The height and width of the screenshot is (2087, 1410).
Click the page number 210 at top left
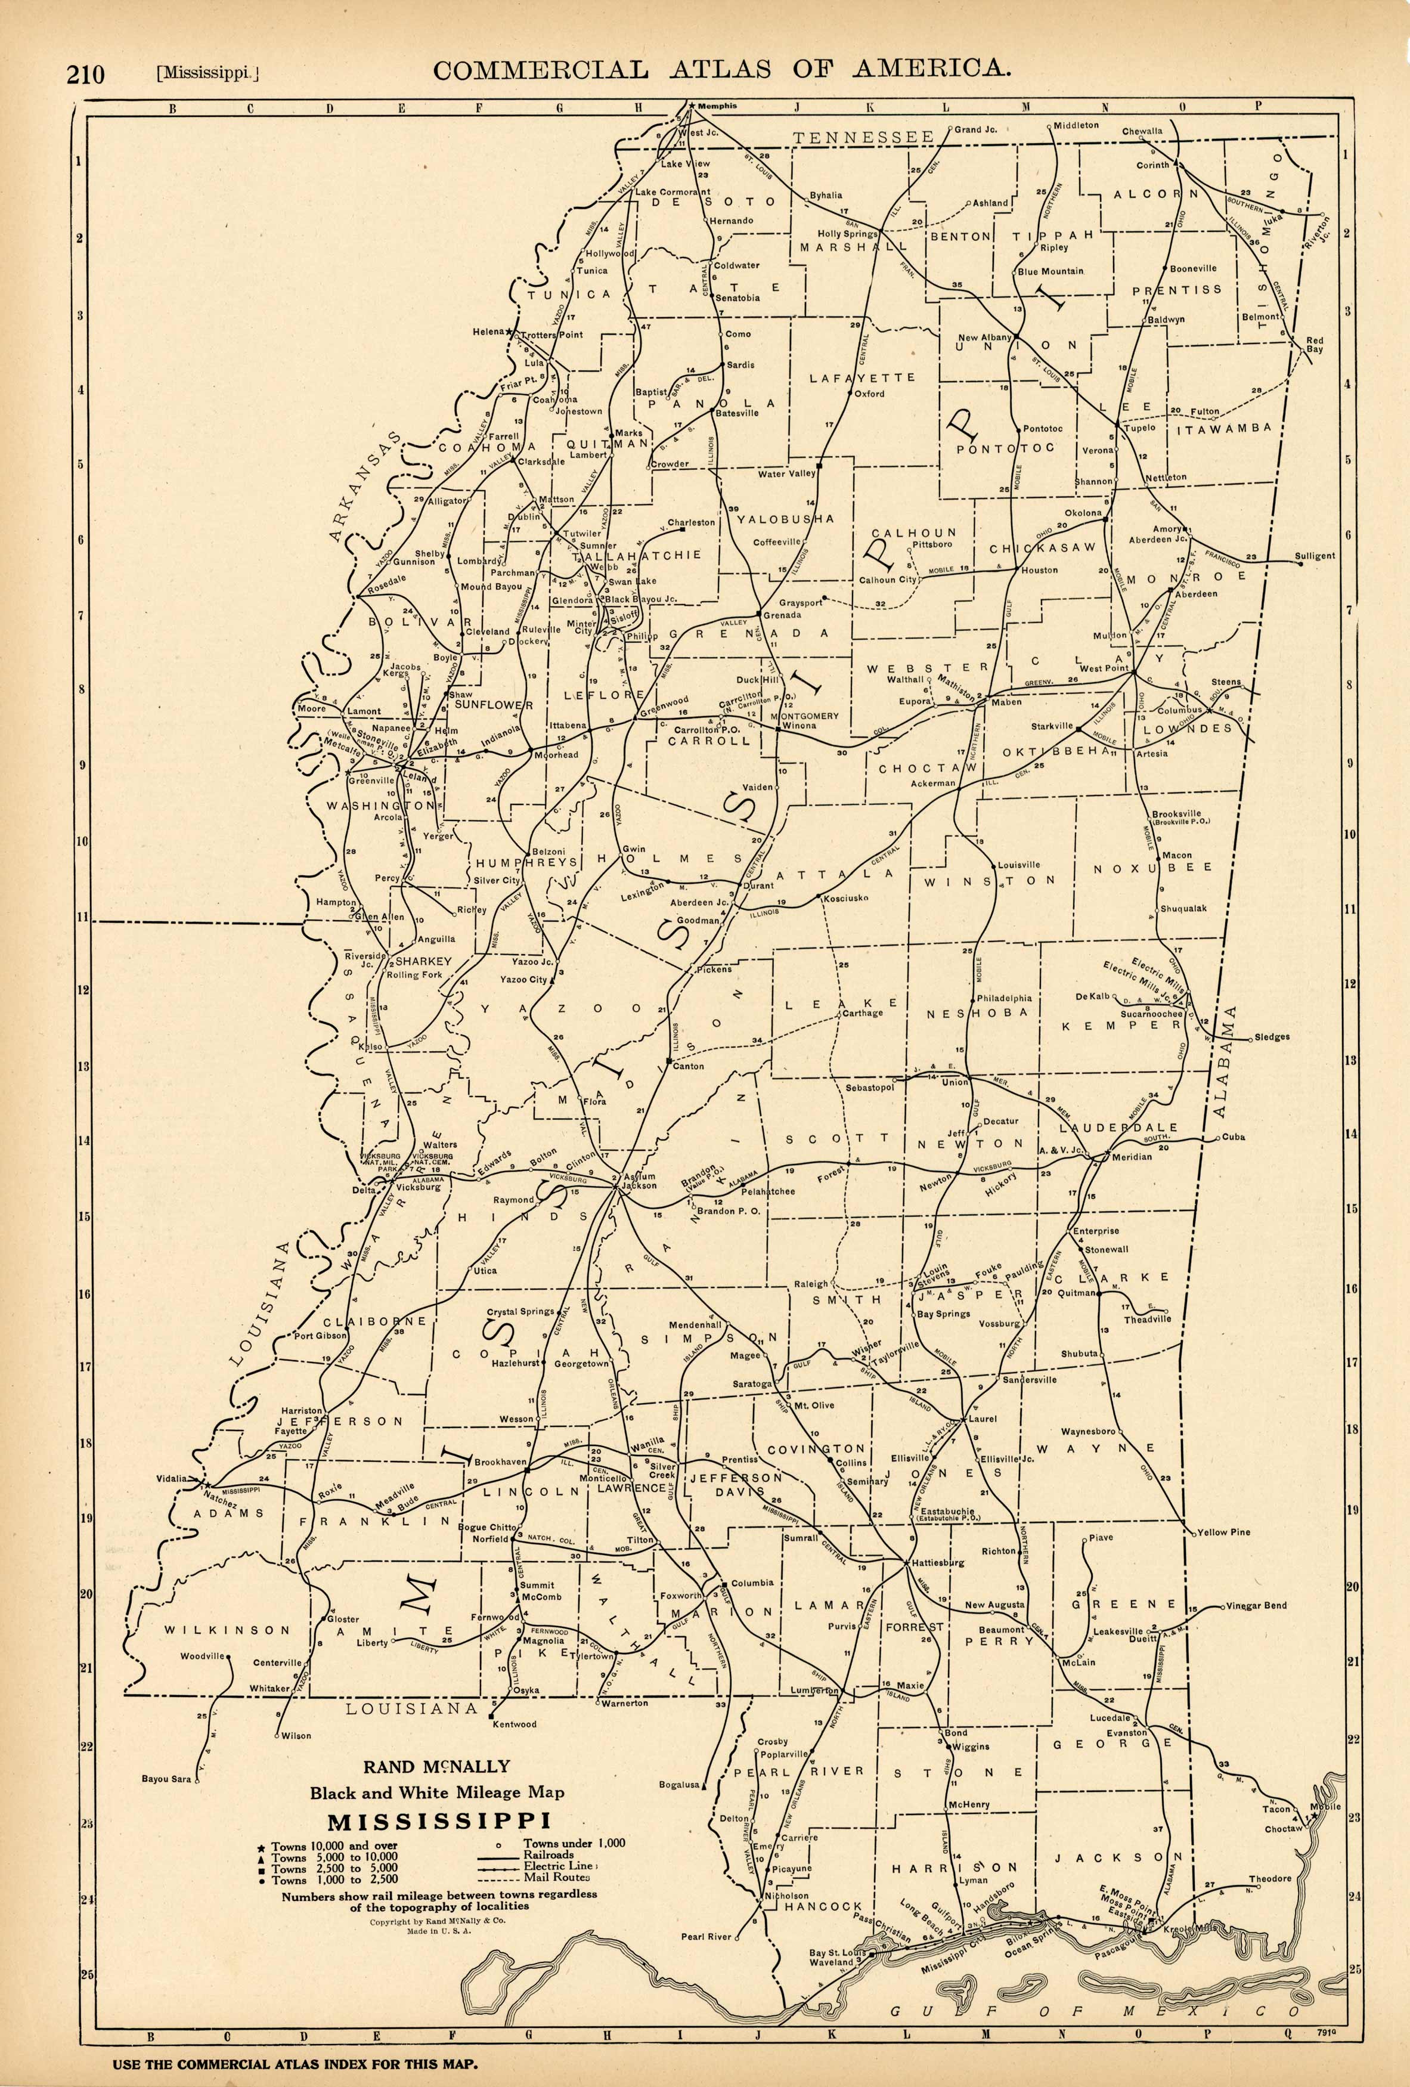coord(85,73)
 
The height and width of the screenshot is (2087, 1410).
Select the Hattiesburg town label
coord(938,1562)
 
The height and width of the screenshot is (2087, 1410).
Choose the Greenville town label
coord(371,781)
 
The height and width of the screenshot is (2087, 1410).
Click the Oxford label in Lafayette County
coord(869,394)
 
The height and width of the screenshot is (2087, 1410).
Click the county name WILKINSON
coord(227,1630)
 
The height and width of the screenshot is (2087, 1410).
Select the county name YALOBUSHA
coord(786,519)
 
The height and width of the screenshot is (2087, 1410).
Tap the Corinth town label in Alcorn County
coord(1153,165)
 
